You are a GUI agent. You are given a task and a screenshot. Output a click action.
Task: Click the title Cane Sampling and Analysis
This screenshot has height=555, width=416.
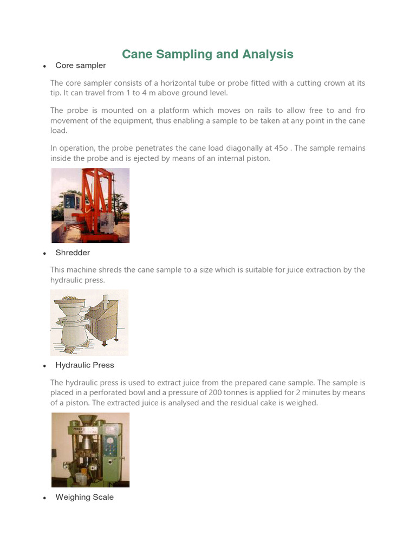(207, 54)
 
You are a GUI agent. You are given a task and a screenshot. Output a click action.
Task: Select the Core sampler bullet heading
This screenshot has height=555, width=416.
(80, 66)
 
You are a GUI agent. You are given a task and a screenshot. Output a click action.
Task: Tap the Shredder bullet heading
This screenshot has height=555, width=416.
(73, 253)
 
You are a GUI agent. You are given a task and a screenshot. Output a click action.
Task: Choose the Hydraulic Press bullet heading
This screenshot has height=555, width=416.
(84, 365)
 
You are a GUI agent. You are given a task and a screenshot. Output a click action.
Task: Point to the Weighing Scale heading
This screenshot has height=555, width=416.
(84, 497)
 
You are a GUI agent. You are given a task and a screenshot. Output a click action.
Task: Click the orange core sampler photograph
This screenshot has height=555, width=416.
(90, 205)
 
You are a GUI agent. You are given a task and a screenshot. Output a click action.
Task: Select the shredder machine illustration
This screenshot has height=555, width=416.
(89, 322)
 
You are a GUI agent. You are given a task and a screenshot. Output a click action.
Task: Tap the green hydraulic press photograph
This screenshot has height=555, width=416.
(90, 450)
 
